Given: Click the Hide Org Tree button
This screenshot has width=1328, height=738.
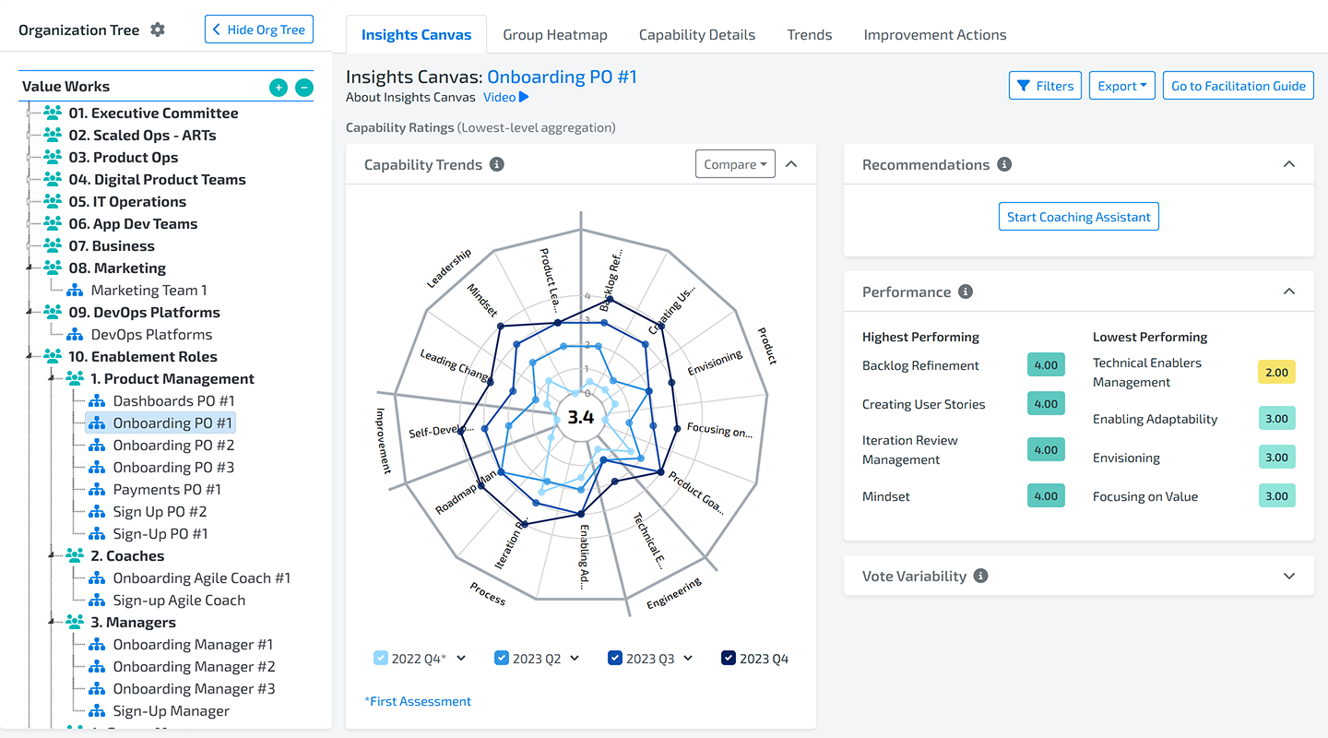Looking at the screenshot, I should click(x=259, y=30).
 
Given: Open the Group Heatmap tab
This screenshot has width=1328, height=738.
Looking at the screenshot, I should click(x=555, y=35).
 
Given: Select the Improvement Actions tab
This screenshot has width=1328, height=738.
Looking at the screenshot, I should click(x=934, y=35).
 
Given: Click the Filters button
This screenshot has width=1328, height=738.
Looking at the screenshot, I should click(x=1045, y=86).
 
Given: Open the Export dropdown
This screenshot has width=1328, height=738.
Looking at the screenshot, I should click(x=1121, y=86).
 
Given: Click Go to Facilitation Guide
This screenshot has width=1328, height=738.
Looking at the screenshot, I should click(x=1238, y=86).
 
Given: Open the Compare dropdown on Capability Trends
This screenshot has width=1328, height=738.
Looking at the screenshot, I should click(x=735, y=164).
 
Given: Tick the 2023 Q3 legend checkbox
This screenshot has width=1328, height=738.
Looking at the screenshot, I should click(x=615, y=658).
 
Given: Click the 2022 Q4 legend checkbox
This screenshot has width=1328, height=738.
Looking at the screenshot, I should click(x=381, y=658).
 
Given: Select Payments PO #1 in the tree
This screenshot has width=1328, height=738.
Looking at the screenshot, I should click(x=167, y=490).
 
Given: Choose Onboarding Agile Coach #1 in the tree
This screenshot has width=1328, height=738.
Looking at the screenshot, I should click(x=201, y=578).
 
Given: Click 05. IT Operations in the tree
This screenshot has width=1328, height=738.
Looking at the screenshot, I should click(x=127, y=202).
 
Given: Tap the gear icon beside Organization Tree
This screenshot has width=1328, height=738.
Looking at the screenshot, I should click(x=158, y=30).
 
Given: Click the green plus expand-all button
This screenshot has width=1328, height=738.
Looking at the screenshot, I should click(x=278, y=88).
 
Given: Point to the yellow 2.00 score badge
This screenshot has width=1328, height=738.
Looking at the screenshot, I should click(x=1276, y=372).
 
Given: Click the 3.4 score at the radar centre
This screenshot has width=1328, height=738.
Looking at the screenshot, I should click(x=581, y=417).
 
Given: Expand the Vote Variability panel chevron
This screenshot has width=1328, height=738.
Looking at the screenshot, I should click(x=1289, y=576).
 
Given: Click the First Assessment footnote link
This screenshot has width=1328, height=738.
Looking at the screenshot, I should click(x=418, y=701).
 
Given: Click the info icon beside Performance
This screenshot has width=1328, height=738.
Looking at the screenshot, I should click(x=966, y=292).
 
